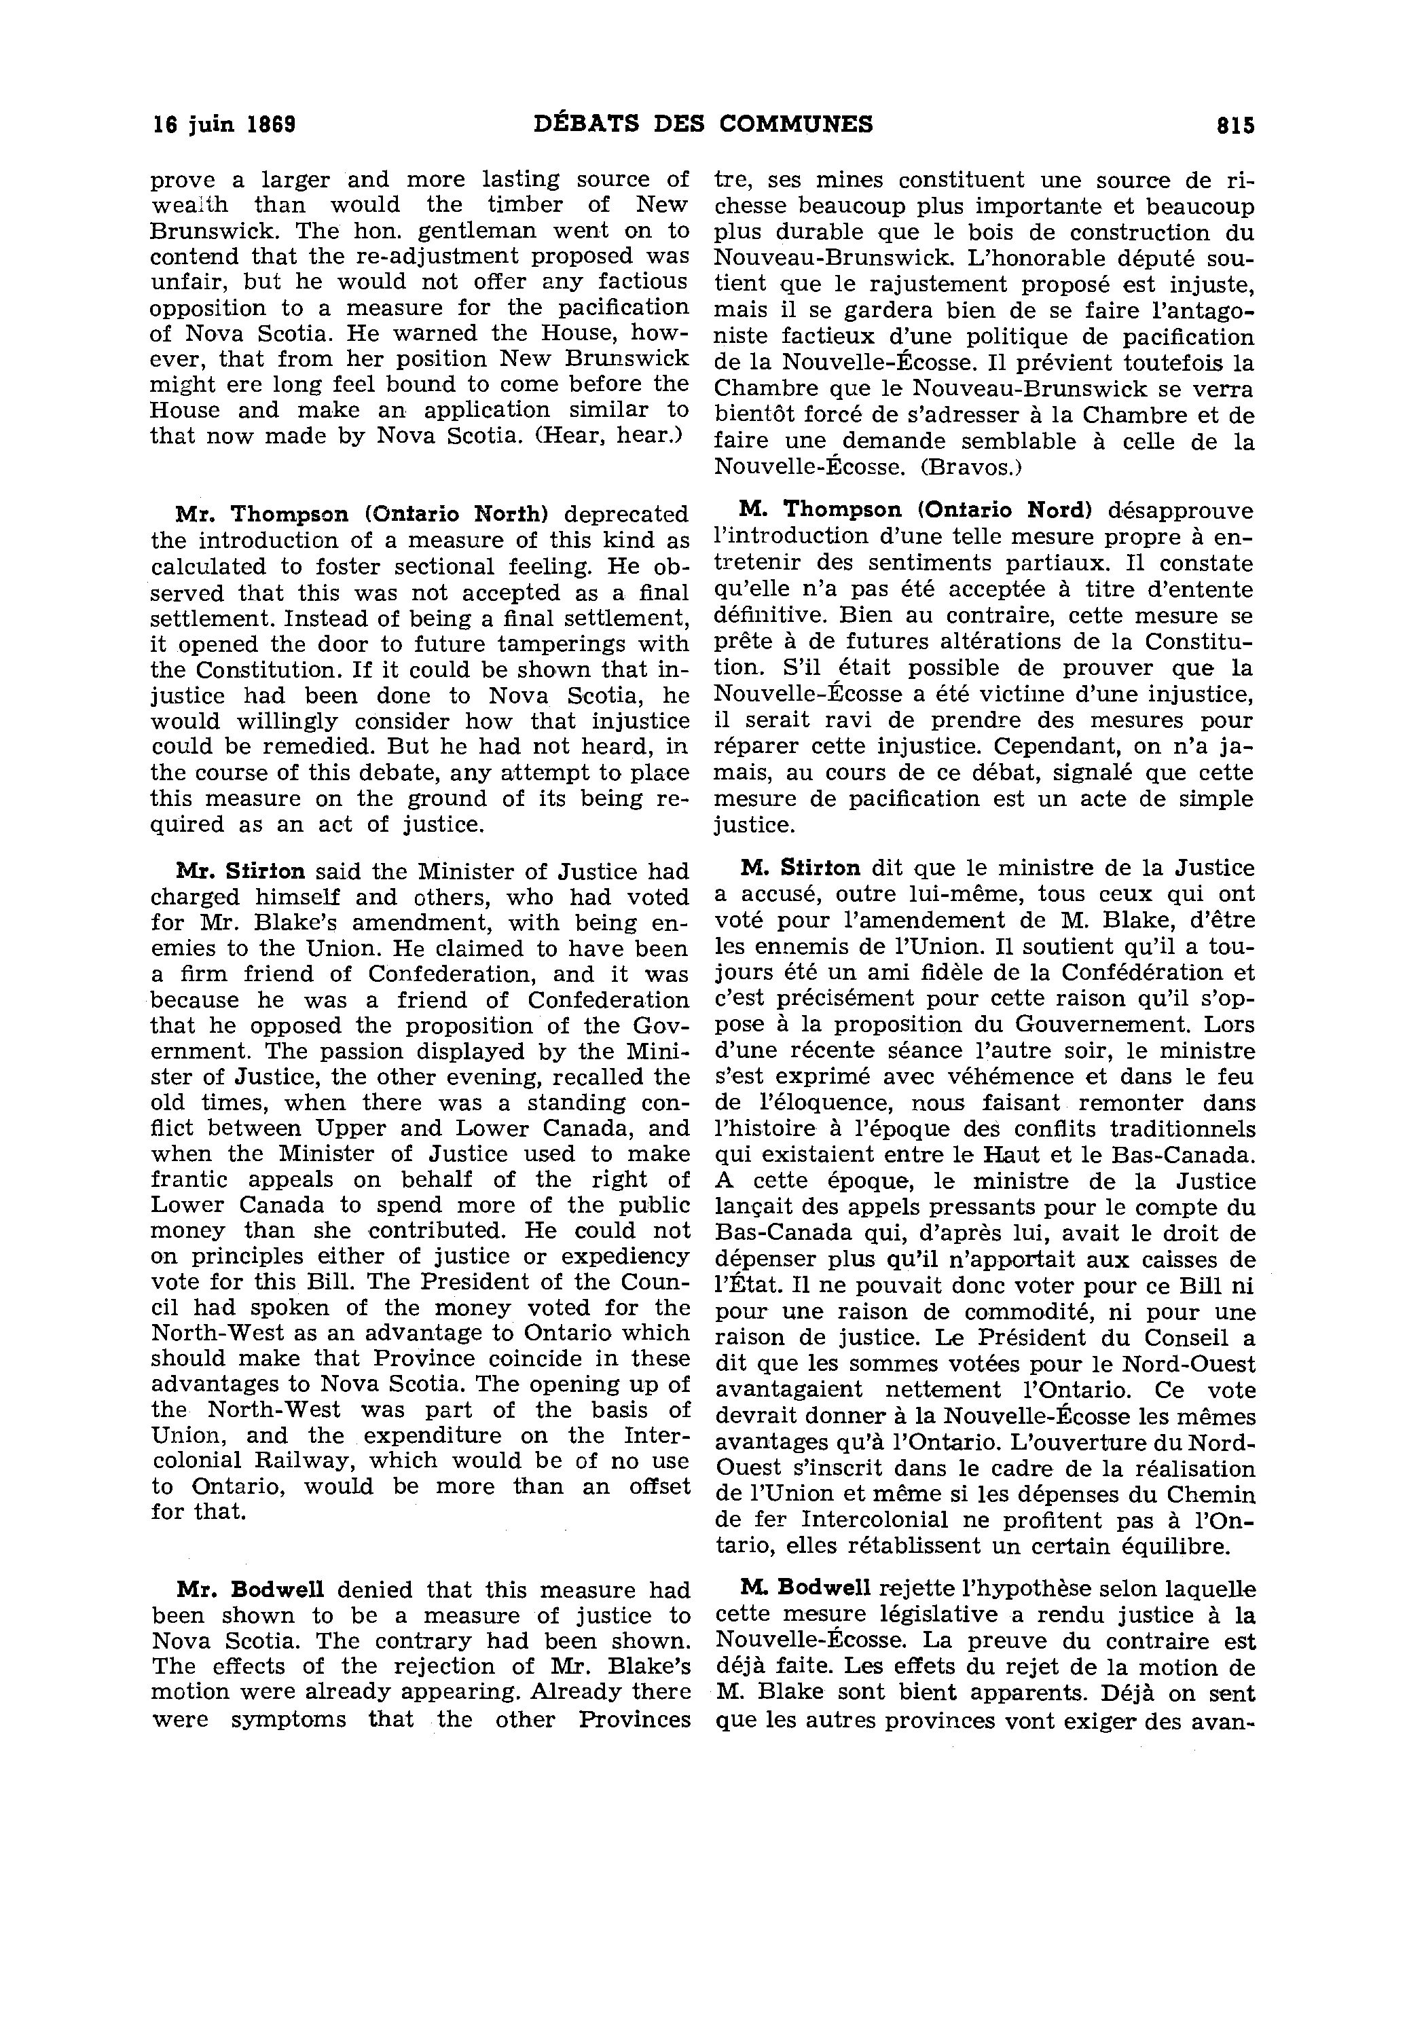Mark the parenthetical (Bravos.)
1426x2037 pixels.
[966, 468]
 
